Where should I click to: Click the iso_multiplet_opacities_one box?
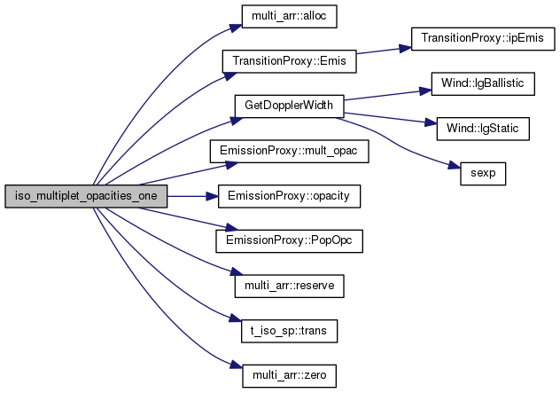click(x=86, y=196)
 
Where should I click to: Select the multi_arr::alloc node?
click(x=289, y=16)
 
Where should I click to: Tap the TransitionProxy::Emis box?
click(x=289, y=61)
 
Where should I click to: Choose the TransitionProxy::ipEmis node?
click(x=483, y=39)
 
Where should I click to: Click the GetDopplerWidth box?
click(x=289, y=106)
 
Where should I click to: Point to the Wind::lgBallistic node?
click(x=483, y=83)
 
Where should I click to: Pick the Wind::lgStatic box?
click(x=483, y=129)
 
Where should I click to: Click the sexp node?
click(x=483, y=174)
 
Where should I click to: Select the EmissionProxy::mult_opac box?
click(x=289, y=151)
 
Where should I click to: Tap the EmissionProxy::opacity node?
click(x=289, y=196)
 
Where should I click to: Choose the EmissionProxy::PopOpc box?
click(x=289, y=241)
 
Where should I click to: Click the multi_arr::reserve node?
click(x=289, y=286)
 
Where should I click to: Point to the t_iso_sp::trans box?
click(x=289, y=331)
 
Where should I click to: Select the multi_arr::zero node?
click(x=289, y=375)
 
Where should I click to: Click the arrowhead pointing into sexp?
click(x=455, y=166)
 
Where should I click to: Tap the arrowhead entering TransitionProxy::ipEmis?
click(x=405, y=48)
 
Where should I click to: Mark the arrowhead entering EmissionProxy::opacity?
click(x=212, y=196)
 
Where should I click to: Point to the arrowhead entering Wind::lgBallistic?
click(x=425, y=91)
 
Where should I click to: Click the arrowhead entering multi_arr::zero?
click(x=236, y=365)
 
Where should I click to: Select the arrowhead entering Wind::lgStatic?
click(x=431, y=123)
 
